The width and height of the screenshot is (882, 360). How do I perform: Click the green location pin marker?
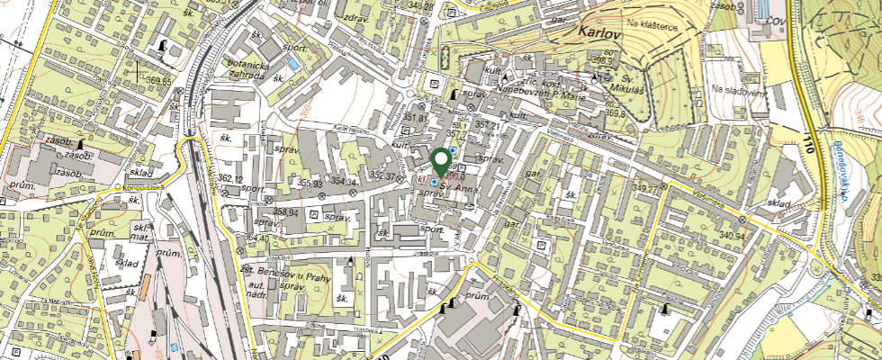tap(441, 162)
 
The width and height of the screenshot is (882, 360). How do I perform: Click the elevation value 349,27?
tap(647, 188)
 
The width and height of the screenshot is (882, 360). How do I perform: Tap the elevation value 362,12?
tap(229, 179)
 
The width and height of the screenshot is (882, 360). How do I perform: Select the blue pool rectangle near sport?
tap(293, 65)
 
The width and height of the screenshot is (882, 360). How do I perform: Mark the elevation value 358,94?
tap(285, 213)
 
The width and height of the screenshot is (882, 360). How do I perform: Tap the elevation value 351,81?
tap(415, 118)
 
